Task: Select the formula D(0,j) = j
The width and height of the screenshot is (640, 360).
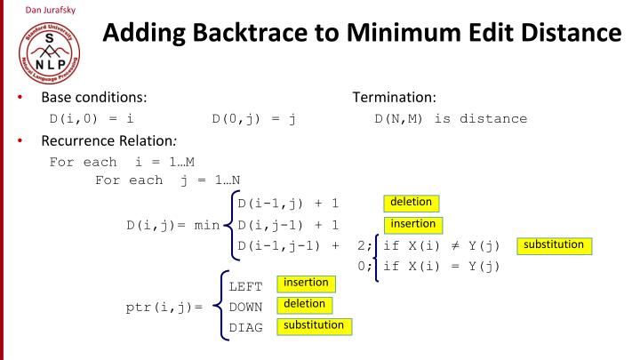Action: [252, 118]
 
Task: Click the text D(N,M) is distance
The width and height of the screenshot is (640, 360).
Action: [451, 118]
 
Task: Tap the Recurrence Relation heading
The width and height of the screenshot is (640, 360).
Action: [99, 140]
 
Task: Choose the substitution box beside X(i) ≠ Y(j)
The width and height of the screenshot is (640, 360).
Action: [554, 244]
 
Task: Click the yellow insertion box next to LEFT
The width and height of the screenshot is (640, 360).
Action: [305, 284]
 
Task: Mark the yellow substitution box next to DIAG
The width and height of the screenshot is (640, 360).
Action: [313, 326]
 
